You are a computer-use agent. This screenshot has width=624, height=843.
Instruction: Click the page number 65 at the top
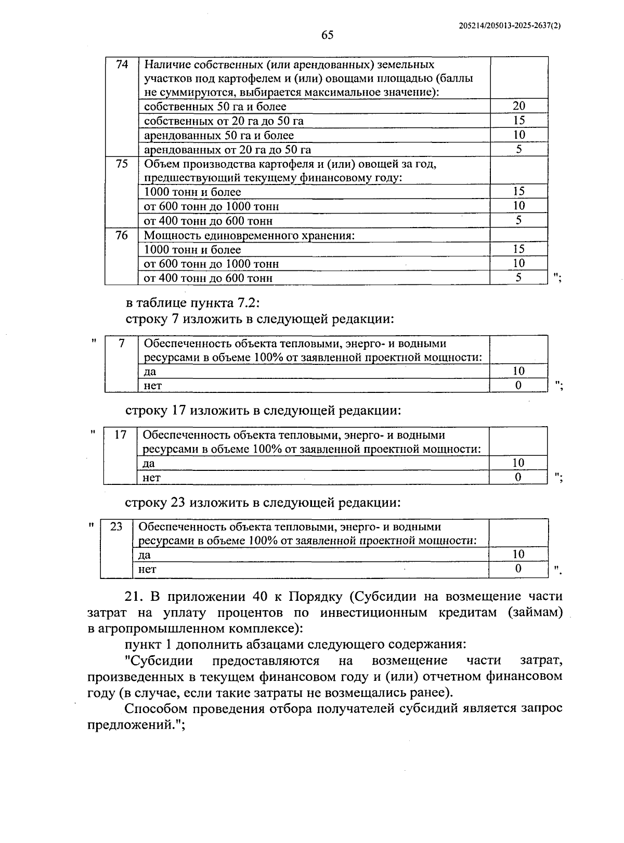pyautogui.click(x=327, y=35)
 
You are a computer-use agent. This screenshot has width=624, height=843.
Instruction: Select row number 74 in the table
pyautogui.click(x=122, y=65)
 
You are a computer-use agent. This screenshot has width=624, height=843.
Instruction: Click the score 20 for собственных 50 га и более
pyautogui.click(x=518, y=106)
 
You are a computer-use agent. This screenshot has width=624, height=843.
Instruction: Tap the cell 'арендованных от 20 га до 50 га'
pyautogui.click(x=227, y=150)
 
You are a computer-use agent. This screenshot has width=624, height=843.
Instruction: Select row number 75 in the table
pyautogui.click(x=122, y=164)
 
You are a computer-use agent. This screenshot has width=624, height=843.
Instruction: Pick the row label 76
pyautogui.click(x=122, y=235)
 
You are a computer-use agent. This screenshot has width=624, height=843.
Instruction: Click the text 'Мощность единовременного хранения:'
pyautogui.click(x=249, y=235)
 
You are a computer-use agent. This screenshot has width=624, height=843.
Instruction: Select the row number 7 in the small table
pyautogui.click(x=122, y=344)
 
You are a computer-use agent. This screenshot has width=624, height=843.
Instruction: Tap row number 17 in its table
pyautogui.click(x=120, y=435)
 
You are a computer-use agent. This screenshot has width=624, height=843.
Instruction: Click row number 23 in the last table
pyautogui.click(x=116, y=526)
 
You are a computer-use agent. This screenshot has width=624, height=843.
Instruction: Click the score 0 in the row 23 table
pyautogui.click(x=518, y=569)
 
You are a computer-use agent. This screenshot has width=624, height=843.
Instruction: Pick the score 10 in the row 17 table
pyautogui.click(x=518, y=463)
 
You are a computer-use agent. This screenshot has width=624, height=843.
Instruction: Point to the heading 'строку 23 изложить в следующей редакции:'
pyautogui.click(x=263, y=503)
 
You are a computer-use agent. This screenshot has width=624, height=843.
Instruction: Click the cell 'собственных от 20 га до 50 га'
pyautogui.click(x=224, y=121)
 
